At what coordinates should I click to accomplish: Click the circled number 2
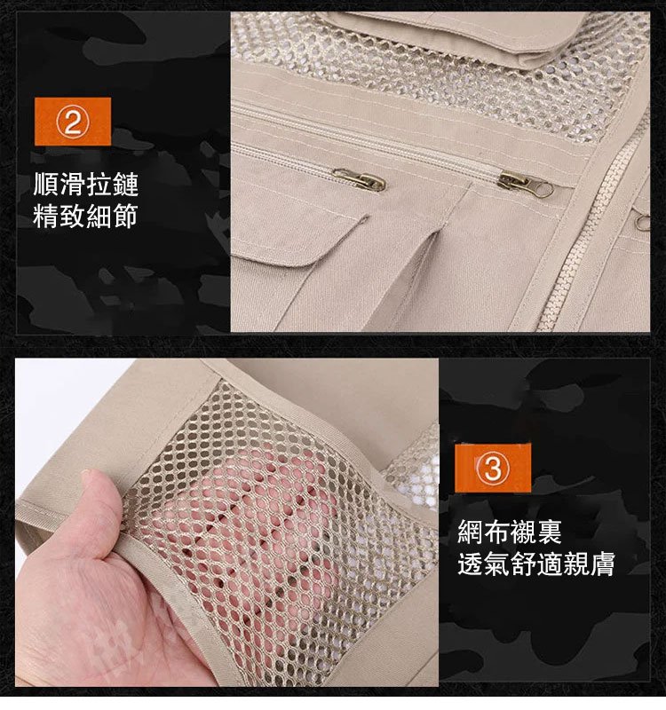[x=73, y=122]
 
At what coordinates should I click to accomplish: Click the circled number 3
[x=493, y=468]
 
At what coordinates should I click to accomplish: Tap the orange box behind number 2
[x=73, y=122]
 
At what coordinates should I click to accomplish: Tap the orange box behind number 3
[x=493, y=468]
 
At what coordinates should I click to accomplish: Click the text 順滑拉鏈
[x=85, y=185]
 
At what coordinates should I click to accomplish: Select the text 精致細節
[x=85, y=216]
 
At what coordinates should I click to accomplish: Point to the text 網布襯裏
[x=510, y=532]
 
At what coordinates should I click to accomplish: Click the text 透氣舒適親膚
[x=536, y=564]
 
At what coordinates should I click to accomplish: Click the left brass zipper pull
[x=359, y=180]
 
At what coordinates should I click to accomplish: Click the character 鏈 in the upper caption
[x=125, y=185]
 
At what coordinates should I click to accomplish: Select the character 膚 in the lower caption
[x=602, y=564]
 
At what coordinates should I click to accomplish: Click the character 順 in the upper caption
[x=46, y=185]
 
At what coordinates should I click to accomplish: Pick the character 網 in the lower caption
[x=471, y=532]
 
